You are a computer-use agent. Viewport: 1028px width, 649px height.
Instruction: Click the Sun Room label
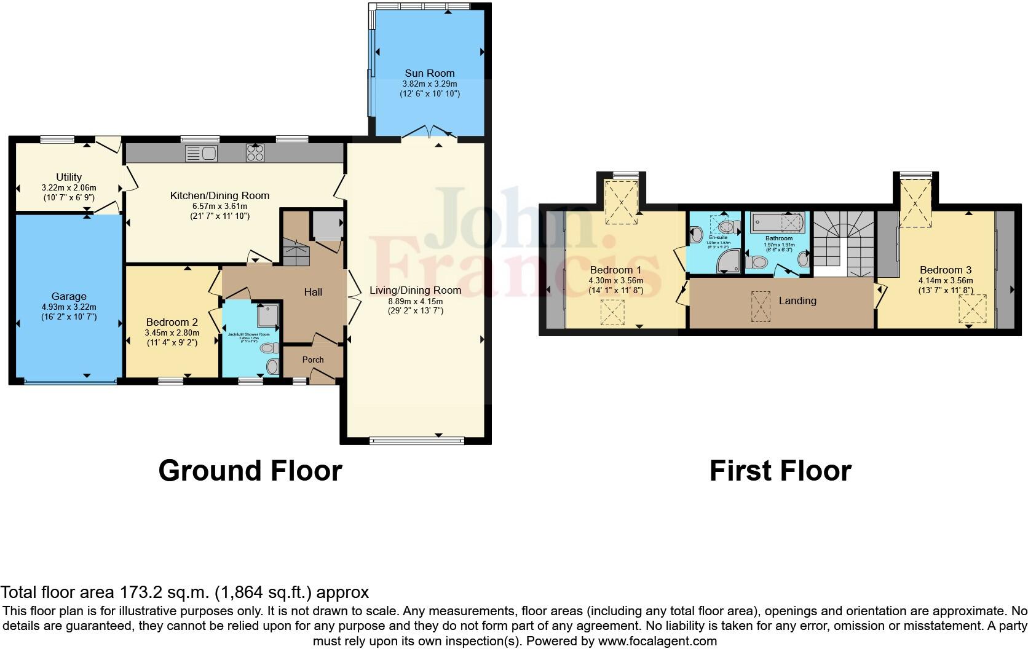coord(429,73)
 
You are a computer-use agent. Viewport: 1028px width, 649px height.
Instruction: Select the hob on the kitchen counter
coord(255,152)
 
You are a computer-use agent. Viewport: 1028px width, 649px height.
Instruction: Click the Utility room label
coord(69,177)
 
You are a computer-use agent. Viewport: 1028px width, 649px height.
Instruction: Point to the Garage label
coord(69,296)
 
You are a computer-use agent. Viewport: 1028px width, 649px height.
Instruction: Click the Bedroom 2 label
coord(172,322)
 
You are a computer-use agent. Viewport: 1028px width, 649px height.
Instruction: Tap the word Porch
coord(313,360)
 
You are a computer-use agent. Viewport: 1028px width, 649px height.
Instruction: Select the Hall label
coord(313,292)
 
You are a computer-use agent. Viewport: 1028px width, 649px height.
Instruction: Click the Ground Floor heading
coord(250,471)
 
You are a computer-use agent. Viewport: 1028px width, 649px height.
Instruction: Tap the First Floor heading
coord(780,471)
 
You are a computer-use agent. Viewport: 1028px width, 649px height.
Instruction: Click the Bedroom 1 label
coord(615,270)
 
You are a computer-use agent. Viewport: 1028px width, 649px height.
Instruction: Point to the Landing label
coord(797,301)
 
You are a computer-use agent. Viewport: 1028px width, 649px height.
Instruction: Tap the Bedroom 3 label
coord(946,270)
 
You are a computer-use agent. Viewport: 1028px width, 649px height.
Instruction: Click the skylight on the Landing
coord(761,306)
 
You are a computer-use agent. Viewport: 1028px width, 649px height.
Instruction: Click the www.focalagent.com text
coord(657,641)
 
